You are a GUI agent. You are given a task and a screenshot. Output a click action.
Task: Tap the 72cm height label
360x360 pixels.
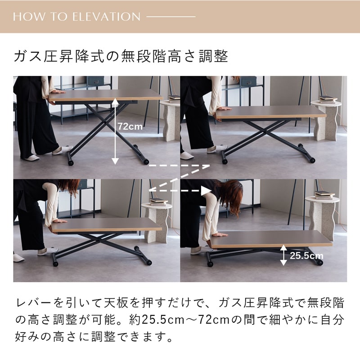tap(130, 126)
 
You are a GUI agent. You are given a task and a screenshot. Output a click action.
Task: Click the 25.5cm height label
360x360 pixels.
tap(306, 256)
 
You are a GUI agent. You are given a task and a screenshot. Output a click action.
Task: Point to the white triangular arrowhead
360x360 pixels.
tap(206, 191)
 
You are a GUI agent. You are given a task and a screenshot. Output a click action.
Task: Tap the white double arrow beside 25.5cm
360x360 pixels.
tap(283, 255)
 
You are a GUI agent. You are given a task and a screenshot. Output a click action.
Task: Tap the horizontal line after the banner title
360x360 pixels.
tap(171, 17)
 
